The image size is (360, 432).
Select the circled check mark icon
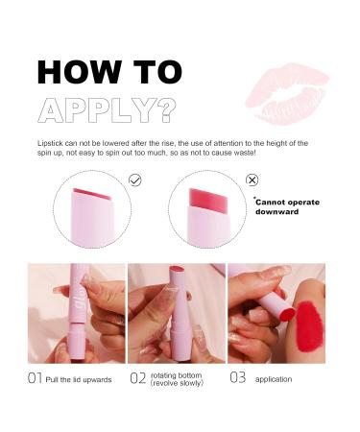pos(135,180)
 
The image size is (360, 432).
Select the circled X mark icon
pos(252,180)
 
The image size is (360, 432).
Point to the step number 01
pos(35,377)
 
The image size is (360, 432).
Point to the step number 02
pos(137,377)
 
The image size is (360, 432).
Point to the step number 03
pos(238,377)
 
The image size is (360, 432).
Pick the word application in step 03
pos(276,377)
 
